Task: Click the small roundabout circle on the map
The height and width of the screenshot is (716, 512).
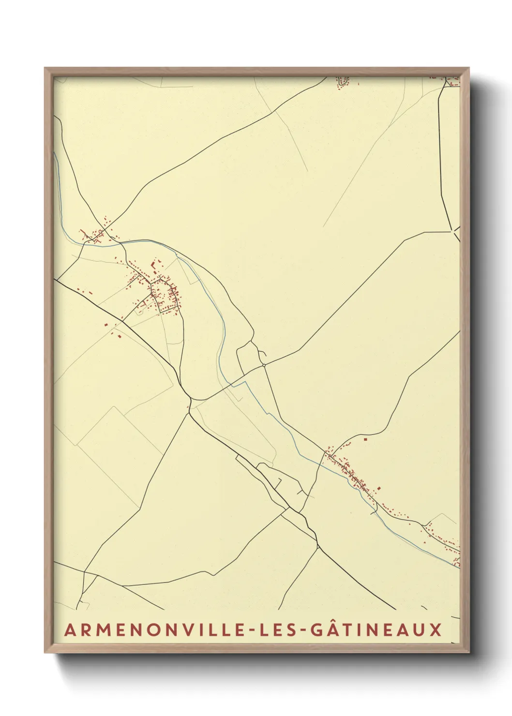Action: pyautogui.click(x=264, y=364)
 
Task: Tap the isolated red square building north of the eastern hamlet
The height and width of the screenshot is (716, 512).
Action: pyautogui.click(x=365, y=440)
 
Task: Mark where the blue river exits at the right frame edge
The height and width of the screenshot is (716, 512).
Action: pyautogui.click(x=458, y=567)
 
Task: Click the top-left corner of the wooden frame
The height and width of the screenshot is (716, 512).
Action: pyautogui.click(x=45, y=69)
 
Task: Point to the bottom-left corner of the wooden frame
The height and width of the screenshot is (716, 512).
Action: pyautogui.click(x=45, y=653)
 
